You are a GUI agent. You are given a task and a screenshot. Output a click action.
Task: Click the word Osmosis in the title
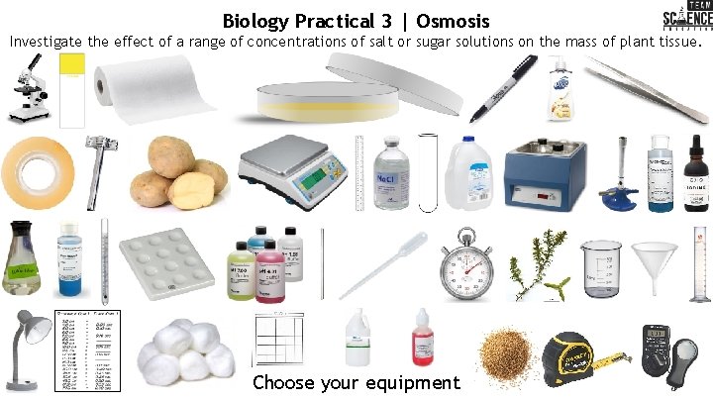[x=453, y=21]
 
